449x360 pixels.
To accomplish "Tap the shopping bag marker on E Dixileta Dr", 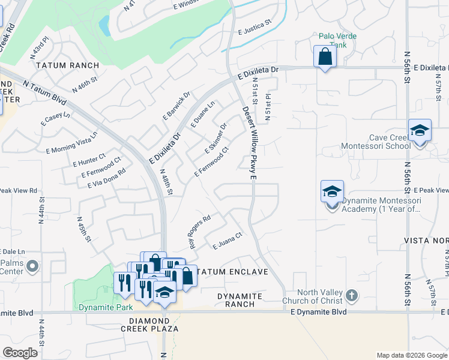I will click(325, 57).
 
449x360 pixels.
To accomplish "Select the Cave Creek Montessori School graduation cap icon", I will click(420, 131).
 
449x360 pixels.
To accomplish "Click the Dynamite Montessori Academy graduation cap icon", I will click(332, 192).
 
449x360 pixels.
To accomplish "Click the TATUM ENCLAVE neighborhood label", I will click(232, 272).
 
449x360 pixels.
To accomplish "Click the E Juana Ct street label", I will click(228, 241).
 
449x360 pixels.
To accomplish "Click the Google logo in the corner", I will click(20, 352).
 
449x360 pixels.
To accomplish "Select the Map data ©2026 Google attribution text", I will click(412, 355).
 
